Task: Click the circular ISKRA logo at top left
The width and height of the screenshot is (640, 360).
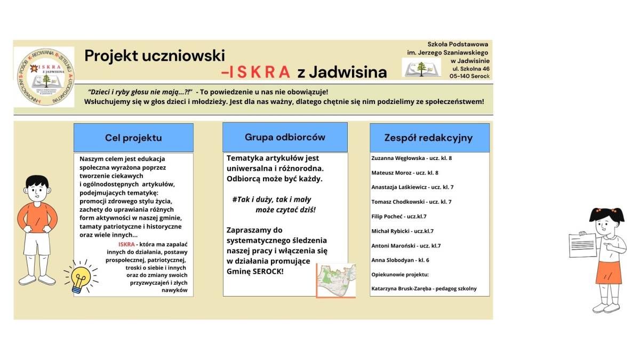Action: [44, 77]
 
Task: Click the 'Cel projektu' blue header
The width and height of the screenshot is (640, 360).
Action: [133, 138]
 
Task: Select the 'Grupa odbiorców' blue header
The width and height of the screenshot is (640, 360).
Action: [285, 137]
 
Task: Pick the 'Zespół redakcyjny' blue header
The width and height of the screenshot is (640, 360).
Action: [429, 138]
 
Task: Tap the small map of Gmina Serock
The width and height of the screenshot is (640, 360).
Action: [336, 279]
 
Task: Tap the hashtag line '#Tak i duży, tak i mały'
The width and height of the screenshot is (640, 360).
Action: [271, 199]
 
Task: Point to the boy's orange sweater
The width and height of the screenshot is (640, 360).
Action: [37, 216]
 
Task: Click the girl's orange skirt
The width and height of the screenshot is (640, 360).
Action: [609, 272]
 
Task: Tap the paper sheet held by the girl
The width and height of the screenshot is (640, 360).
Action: [583, 245]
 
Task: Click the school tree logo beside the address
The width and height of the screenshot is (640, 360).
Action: [421, 68]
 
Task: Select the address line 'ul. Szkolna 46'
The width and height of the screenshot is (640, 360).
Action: [470, 68]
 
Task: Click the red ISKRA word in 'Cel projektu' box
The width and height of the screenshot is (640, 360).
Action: [126, 244]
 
